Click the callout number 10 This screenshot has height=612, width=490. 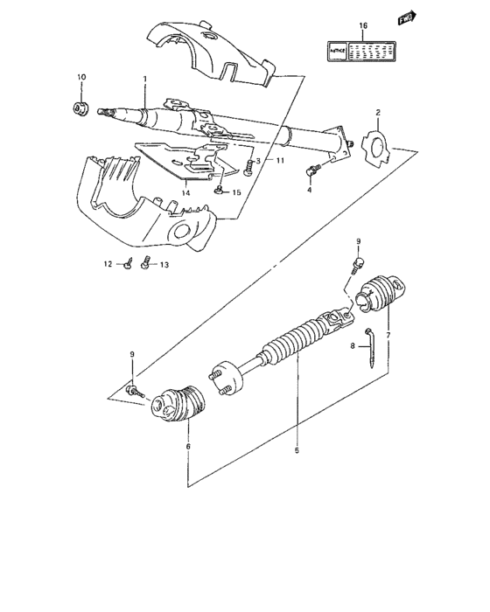pos(80,78)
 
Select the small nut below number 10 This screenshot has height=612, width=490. pos(79,108)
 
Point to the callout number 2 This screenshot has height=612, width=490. pos(377,112)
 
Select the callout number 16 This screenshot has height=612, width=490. pos(365,27)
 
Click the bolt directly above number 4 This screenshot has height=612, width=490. pos(313,169)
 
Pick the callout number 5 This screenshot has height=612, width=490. pos(295,451)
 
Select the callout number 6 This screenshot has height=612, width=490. pos(188,446)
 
